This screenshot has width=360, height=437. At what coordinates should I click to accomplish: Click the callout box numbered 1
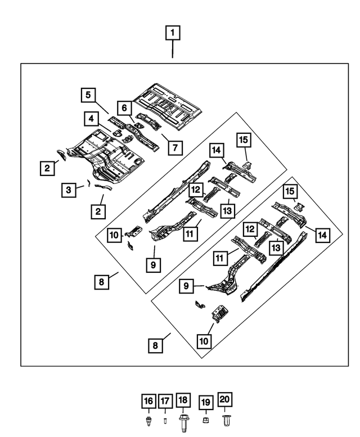[x=173, y=33]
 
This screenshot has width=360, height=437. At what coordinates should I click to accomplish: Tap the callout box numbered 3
[x=68, y=190]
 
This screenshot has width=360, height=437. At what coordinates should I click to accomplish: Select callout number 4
[x=89, y=119]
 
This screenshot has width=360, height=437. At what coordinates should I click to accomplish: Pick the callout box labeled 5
[x=87, y=94]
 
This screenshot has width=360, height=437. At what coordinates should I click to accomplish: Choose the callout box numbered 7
[x=175, y=148]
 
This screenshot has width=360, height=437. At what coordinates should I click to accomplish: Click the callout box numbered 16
[x=147, y=401]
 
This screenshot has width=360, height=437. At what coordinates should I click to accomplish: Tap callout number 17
[x=164, y=401]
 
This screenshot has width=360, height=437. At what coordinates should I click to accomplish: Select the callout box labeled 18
[x=183, y=401]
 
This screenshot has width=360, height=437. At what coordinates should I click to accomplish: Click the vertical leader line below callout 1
[x=173, y=49]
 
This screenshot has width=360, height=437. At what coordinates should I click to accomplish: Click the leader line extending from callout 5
[x=102, y=109]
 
